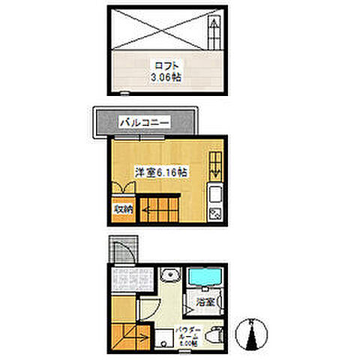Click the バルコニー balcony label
pyautogui.click(x=145, y=121)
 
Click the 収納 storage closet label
pyautogui.click(x=123, y=210)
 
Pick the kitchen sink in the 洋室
pyautogui.click(x=214, y=197)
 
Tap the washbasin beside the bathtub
pyautogui.click(x=169, y=274)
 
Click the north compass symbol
pyautogui.click(x=250, y=333)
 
